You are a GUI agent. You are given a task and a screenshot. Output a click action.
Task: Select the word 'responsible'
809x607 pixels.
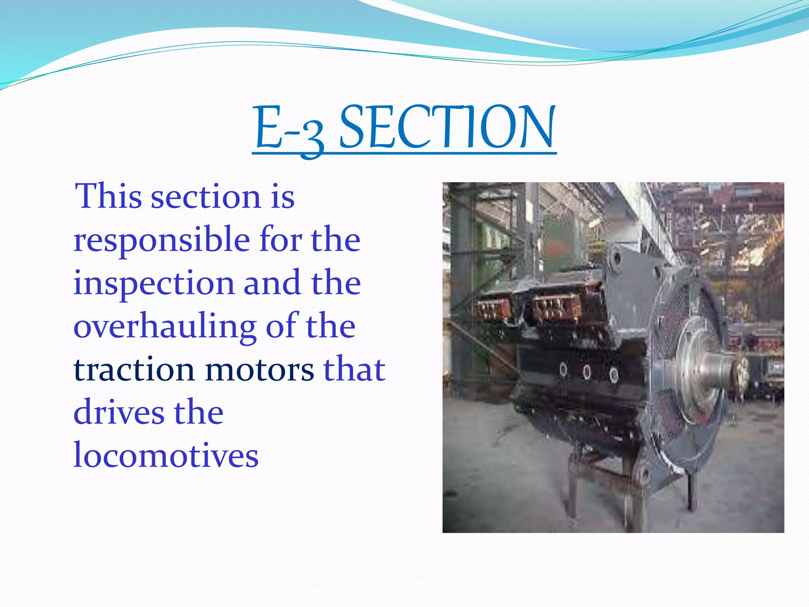(x=162, y=240)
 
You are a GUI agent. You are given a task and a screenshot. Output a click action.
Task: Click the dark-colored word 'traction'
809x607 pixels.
(x=134, y=370)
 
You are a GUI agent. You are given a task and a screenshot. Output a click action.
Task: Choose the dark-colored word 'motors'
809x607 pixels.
(x=259, y=370)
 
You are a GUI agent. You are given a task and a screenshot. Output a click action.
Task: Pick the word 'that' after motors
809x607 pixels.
(x=354, y=370)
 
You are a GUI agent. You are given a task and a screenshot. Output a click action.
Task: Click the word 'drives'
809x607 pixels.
(x=119, y=413)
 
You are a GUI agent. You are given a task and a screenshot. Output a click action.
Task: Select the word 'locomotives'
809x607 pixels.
(x=166, y=456)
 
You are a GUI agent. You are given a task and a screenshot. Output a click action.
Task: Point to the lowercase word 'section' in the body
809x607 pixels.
(x=205, y=197)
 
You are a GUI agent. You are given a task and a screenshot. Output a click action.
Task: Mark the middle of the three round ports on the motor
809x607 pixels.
(x=587, y=371)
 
